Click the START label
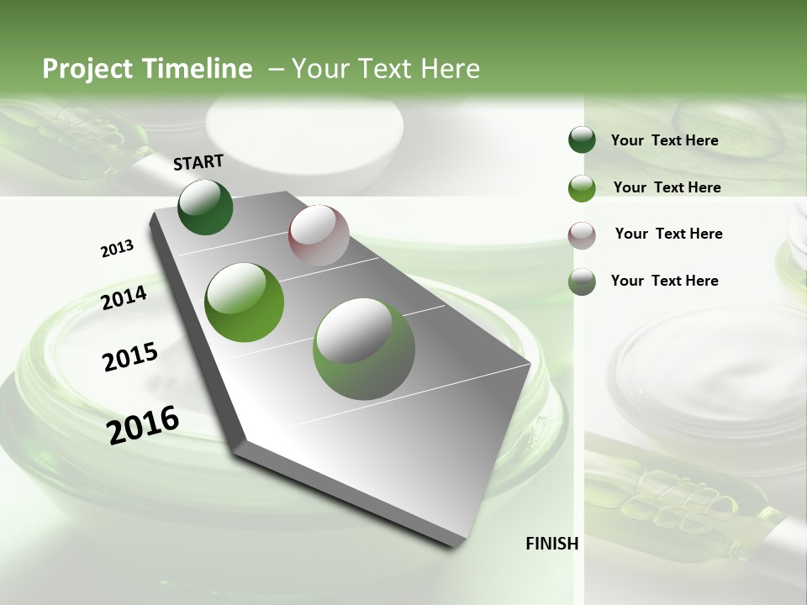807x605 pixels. tap(198, 162)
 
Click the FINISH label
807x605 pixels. tap(552, 544)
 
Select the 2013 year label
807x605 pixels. tap(117, 249)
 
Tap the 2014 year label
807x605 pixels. tap(124, 297)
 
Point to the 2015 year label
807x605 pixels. tap(129, 357)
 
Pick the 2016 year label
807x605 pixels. tap(143, 424)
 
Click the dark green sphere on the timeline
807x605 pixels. tap(205, 207)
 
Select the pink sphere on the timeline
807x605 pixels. tap(319, 235)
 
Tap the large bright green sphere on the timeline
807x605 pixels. tap(245, 302)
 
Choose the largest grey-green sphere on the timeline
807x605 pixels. tap(364, 349)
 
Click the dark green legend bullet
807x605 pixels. tap(582, 140)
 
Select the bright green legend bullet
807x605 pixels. tap(582, 188)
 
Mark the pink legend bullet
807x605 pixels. tap(582, 235)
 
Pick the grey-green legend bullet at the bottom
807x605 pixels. tap(582, 281)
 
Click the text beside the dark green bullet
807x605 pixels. tap(664, 141)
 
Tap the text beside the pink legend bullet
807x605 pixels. tap(668, 234)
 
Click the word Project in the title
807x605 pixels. tap(87, 69)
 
